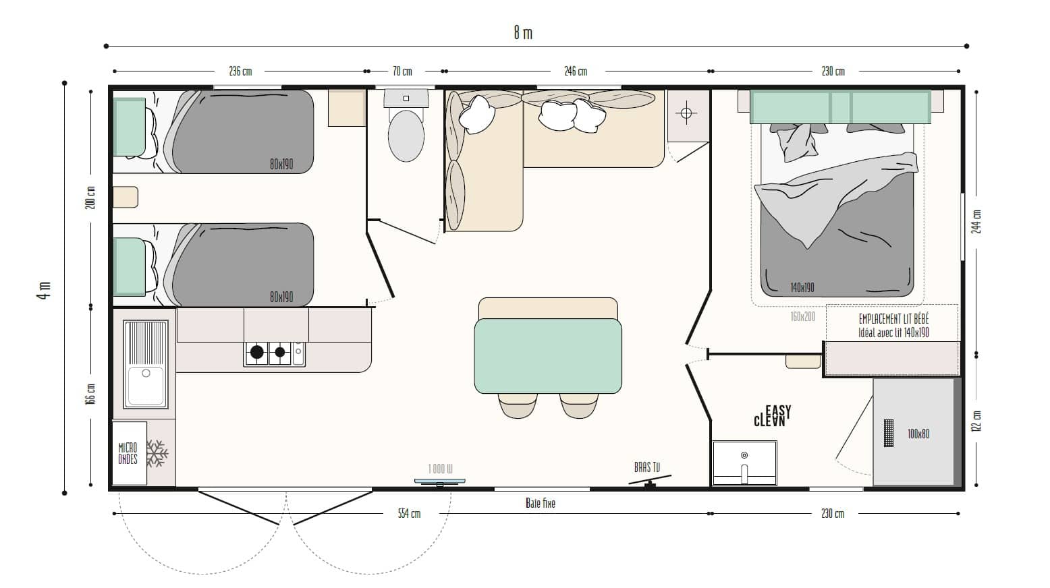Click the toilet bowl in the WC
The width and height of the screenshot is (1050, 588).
(x=406, y=136)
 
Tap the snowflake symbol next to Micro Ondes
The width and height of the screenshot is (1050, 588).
(x=157, y=453)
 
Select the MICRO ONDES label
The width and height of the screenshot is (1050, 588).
(x=128, y=453)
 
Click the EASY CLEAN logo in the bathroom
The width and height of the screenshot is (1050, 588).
(x=772, y=416)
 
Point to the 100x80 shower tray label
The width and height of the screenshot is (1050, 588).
(x=918, y=434)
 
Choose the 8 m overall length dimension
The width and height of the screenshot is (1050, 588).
(x=523, y=33)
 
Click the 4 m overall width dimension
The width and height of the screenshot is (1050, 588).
(x=44, y=290)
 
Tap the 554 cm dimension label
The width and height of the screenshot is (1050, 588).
(x=409, y=514)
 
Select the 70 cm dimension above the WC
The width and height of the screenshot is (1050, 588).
(x=402, y=71)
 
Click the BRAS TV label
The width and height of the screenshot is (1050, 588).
(x=647, y=467)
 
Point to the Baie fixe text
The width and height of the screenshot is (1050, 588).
(x=541, y=503)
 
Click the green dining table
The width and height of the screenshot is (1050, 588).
(x=548, y=355)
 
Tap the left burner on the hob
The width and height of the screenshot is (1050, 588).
(x=256, y=352)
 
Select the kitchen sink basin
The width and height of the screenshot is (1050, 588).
(x=146, y=386)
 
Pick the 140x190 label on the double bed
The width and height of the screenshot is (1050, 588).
(x=802, y=287)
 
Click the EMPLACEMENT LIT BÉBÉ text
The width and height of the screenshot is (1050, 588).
(x=893, y=319)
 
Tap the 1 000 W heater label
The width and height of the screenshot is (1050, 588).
(x=440, y=469)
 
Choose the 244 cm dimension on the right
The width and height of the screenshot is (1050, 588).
(x=977, y=221)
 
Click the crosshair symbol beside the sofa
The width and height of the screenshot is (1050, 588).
(x=686, y=113)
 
